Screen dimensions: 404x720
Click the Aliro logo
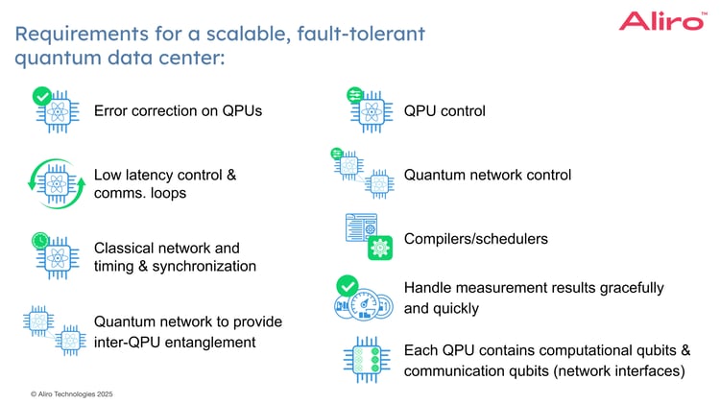pyautogui.click(x=661, y=21)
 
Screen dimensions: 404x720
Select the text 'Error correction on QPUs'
pyautogui.click(x=178, y=111)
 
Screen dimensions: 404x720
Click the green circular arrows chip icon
pyautogui.click(x=58, y=181)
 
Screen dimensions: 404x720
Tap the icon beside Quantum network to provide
pyautogui.click(x=57, y=330)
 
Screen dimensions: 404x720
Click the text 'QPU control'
pyautogui.click(x=444, y=111)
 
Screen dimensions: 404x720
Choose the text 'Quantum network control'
pyautogui.click(x=487, y=175)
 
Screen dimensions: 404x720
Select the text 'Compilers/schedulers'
pyautogui.click(x=475, y=238)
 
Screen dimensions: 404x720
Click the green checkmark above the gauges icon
pyautogui.click(x=348, y=286)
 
